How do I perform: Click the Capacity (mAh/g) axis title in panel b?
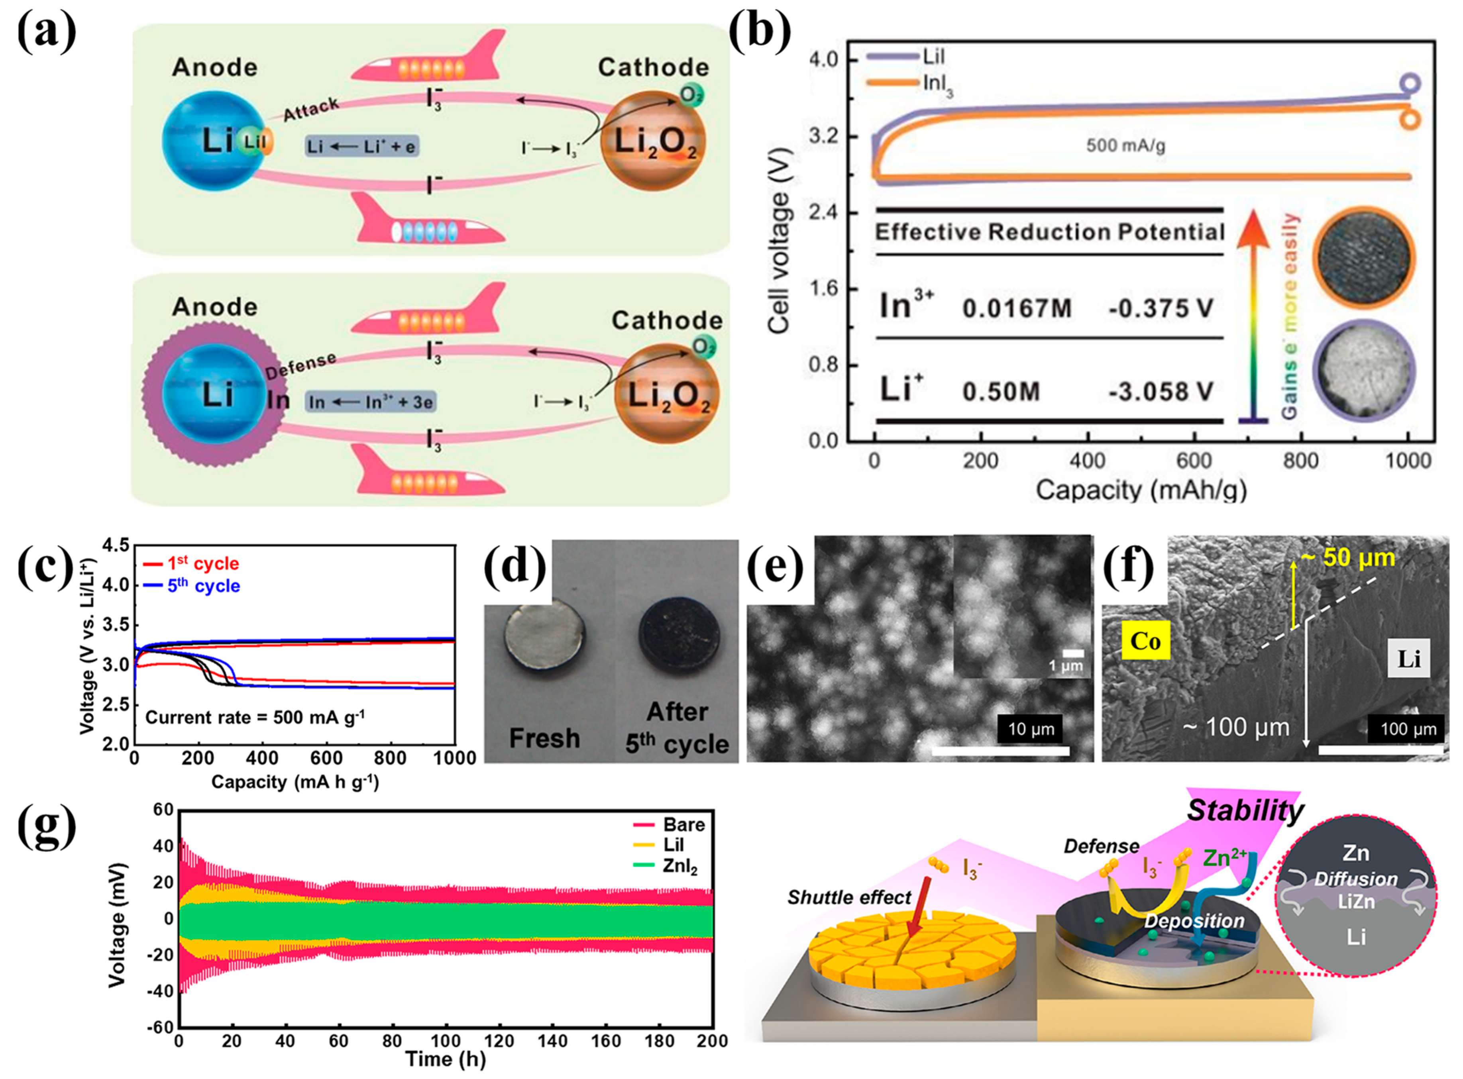pos(1140,489)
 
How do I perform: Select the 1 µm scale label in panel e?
pos(1066,666)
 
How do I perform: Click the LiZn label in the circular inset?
pos(1356,902)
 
